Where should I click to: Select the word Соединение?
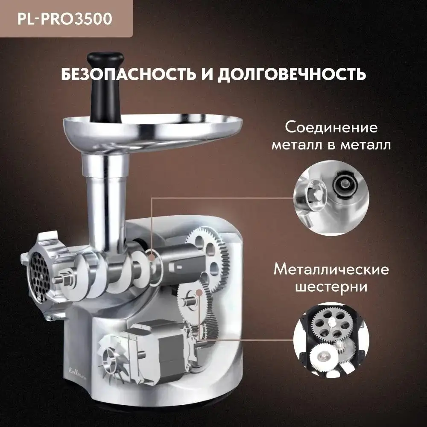(331, 128)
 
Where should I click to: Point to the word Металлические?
(331, 270)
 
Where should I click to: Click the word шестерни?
(331, 287)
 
